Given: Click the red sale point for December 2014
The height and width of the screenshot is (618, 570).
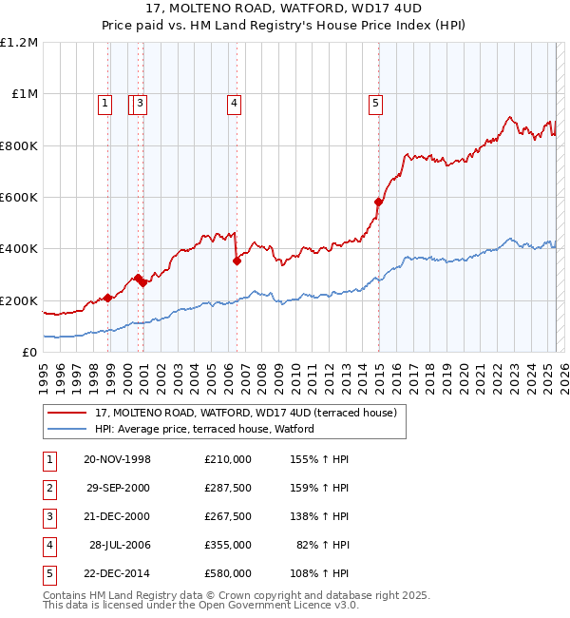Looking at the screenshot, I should tap(378, 202).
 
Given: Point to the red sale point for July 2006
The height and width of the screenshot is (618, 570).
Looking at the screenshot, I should tap(237, 261).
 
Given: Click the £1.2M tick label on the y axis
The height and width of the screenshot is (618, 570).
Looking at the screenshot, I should tap(19, 43).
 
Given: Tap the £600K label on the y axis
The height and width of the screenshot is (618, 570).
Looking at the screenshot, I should tap(18, 198).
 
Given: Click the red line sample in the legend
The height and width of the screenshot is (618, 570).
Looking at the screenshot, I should tap(66, 413).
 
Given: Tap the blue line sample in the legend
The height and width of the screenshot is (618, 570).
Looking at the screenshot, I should tap(66, 429).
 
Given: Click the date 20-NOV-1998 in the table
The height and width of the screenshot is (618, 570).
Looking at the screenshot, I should tap(118, 459).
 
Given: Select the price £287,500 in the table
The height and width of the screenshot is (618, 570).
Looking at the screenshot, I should tap(227, 488).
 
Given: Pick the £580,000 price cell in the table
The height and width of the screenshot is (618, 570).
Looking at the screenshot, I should tap(227, 573).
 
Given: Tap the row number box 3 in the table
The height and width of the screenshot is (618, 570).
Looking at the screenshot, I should tap(47, 516).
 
